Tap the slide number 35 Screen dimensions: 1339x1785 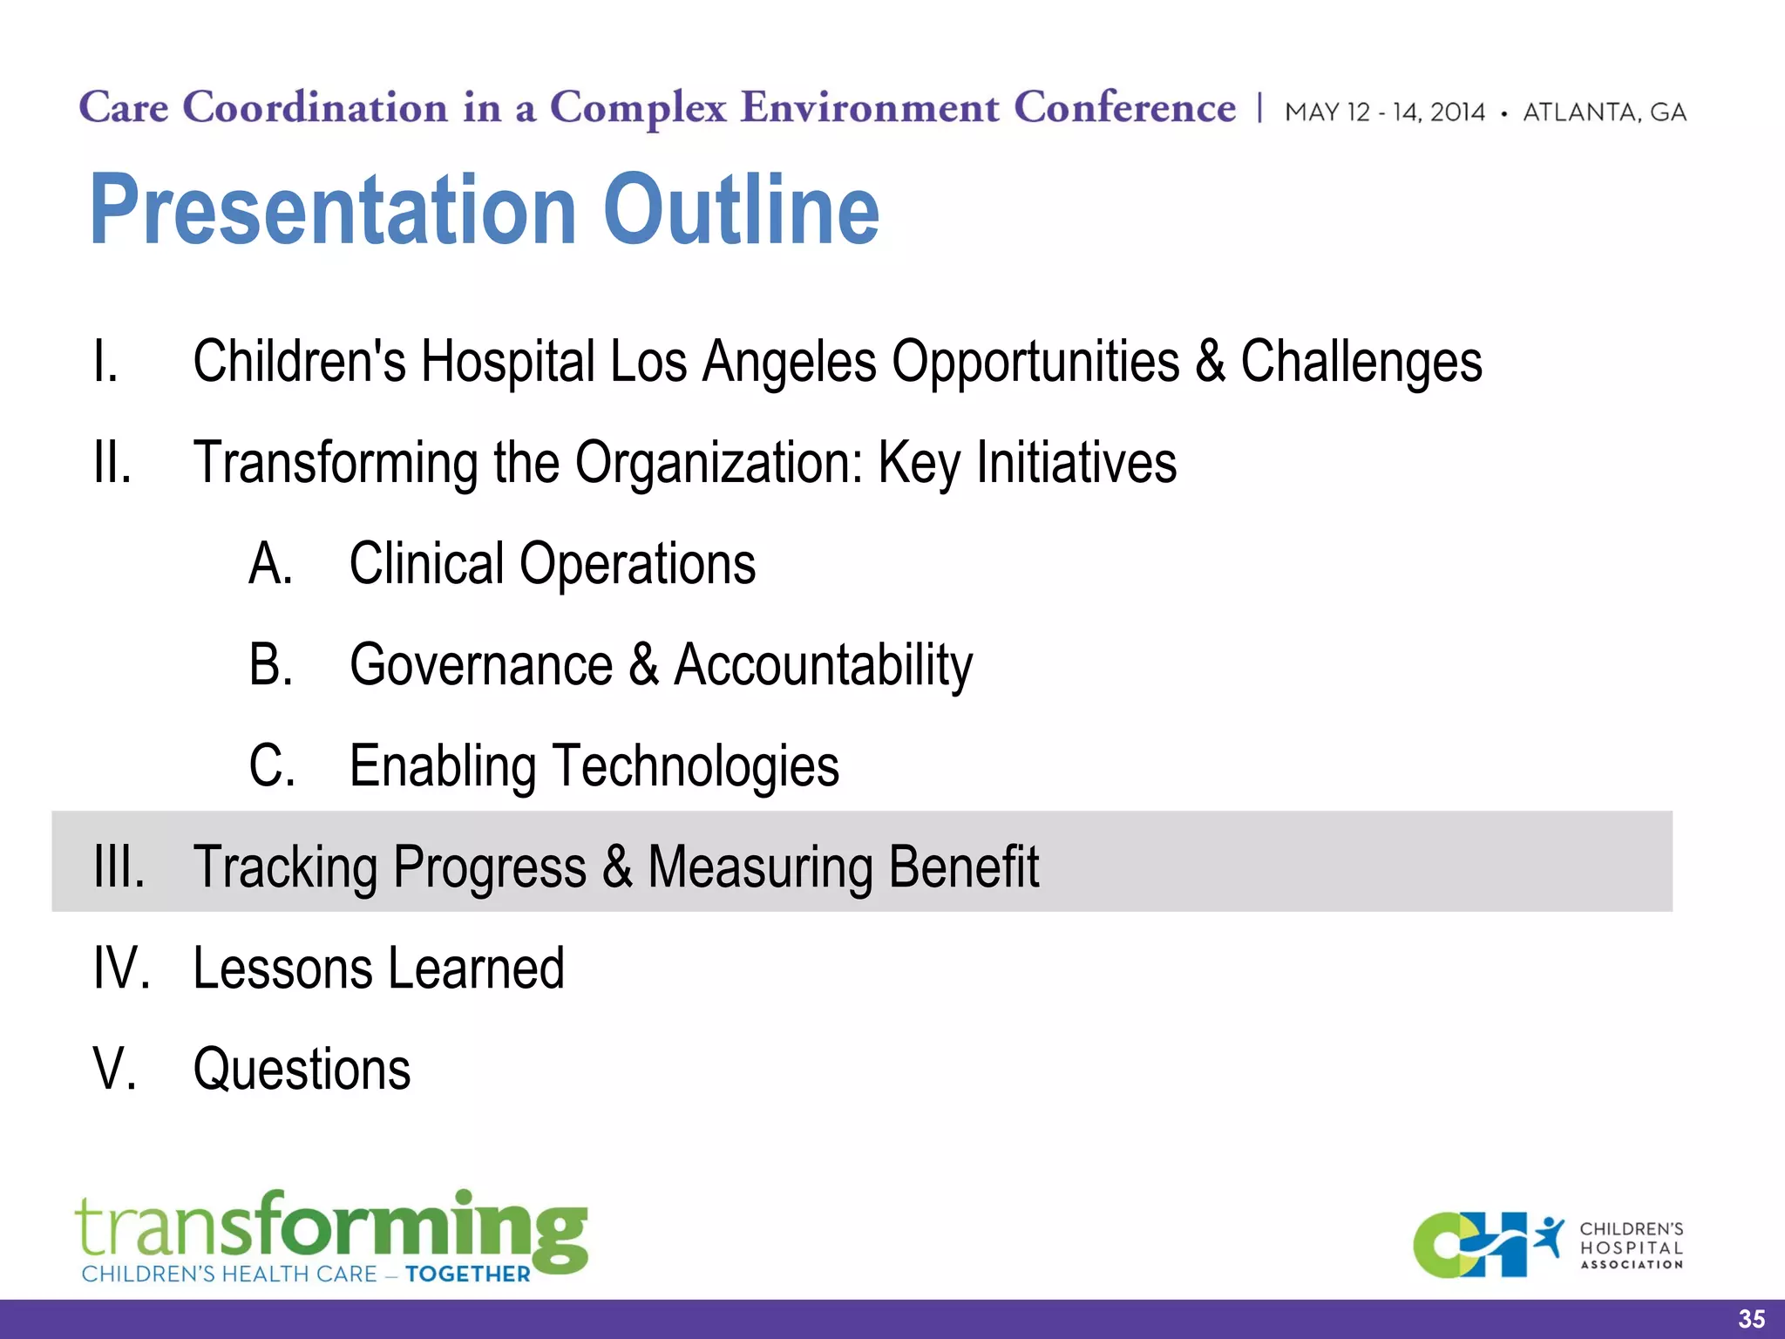pos(1751,1319)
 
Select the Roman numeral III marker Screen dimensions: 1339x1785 pos(119,867)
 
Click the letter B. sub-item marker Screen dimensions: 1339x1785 pos(271,664)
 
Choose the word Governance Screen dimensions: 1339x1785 pos(481,665)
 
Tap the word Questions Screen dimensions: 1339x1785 pos(302,1070)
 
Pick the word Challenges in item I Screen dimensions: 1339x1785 pos(1361,361)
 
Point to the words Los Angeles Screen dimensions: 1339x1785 pos(743,361)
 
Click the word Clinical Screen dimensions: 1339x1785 pos(426,563)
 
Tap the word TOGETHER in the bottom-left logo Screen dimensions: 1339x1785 pos(467,1274)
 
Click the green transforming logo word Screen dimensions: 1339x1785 pos(331,1227)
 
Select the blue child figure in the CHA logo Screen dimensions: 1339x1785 pos(1549,1237)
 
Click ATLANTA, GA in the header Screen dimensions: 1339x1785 pos(1604,112)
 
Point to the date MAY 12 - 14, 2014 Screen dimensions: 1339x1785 pos(1384,112)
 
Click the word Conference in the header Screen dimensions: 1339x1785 pos(1124,108)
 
